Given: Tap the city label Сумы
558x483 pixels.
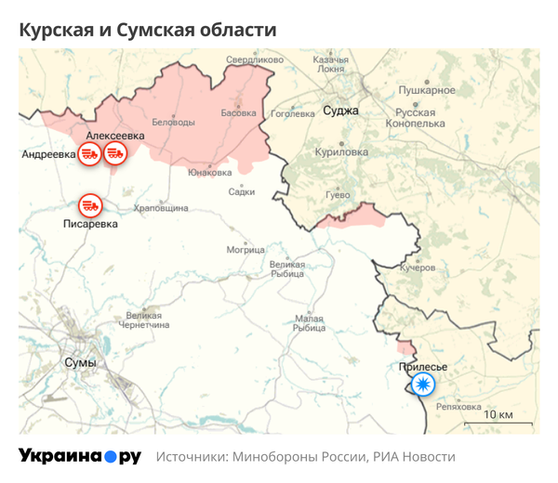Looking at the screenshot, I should (x=80, y=361).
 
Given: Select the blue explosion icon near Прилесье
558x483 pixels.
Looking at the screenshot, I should (x=423, y=385).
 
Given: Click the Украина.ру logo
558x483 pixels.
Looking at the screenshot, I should (x=80, y=457).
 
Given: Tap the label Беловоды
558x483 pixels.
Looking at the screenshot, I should (x=173, y=123).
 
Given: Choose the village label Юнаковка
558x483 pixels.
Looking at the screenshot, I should (x=209, y=172).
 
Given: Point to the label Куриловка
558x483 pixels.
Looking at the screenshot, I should (x=341, y=153).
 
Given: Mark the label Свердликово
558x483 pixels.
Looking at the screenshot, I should (x=254, y=60).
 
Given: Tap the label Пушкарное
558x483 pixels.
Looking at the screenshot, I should (x=427, y=90).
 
